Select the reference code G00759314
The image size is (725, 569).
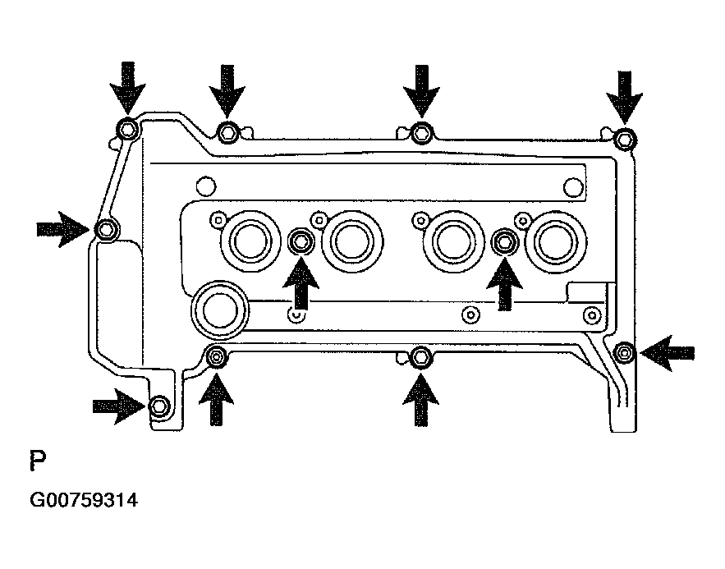[84, 498]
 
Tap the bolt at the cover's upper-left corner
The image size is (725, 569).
[127, 129]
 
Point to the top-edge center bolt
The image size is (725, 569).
[421, 131]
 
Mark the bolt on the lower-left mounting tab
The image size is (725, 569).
[160, 406]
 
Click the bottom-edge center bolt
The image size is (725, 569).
[421, 356]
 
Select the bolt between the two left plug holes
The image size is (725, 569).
[301, 241]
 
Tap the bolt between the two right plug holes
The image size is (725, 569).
[504, 241]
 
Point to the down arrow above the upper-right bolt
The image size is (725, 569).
[625, 95]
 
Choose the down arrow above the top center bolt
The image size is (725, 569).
[421, 89]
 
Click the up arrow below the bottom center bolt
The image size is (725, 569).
[421, 399]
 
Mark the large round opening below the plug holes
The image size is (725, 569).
[219, 308]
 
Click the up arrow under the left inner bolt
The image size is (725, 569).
[301, 283]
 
